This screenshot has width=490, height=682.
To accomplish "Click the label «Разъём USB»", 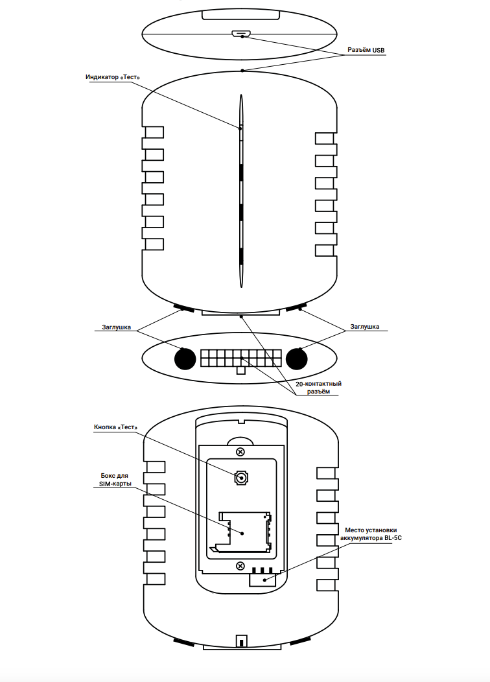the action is pyautogui.click(x=366, y=50).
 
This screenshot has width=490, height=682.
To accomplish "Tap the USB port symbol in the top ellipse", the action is pyautogui.click(x=240, y=34).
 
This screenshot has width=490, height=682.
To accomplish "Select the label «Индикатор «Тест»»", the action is pyautogui.click(x=113, y=77).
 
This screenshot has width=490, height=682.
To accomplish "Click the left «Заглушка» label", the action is pyautogui.click(x=116, y=327).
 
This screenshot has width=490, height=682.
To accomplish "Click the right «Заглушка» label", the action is pyautogui.click(x=365, y=327).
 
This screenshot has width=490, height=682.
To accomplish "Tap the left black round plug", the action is pyautogui.click(x=185, y=359).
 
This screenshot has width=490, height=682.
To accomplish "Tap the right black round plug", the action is pyautogui.click(x=296, y=359).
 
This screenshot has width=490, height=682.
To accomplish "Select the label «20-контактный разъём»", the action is pyautogui.click(x=319, y=388).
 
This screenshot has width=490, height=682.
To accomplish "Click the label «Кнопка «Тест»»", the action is pyautogui.click(x=115, y=427).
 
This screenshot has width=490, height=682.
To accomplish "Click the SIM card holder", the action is pyautogui.click(x=240, y=532).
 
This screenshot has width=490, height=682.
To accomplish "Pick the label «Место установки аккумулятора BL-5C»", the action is pyautogui.click(x=371, y=534).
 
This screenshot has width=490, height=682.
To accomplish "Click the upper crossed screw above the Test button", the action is pyautogui.click(x=240, y=452).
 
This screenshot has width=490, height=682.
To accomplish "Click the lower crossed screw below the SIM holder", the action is pyautogui.click(x=240, y=566).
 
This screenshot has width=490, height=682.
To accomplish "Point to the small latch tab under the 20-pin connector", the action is pyautogui.click(x=240, y=370).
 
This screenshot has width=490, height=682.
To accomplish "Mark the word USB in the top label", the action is pyautogui.click(x=379, y=50).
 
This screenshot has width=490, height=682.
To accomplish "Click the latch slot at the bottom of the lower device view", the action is pyautogui.click(x=241, y=641).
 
